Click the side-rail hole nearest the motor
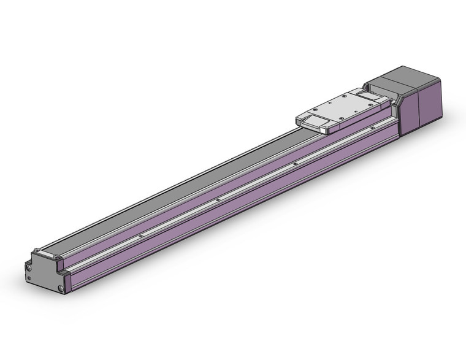pyautogui.click(x=372, y=128)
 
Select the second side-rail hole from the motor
pyautogui.click(x=295, y=164)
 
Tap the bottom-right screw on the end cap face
pyautogui.click(x=60, y=288)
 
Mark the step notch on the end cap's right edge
pyautogui.click(x=63, y=268)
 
